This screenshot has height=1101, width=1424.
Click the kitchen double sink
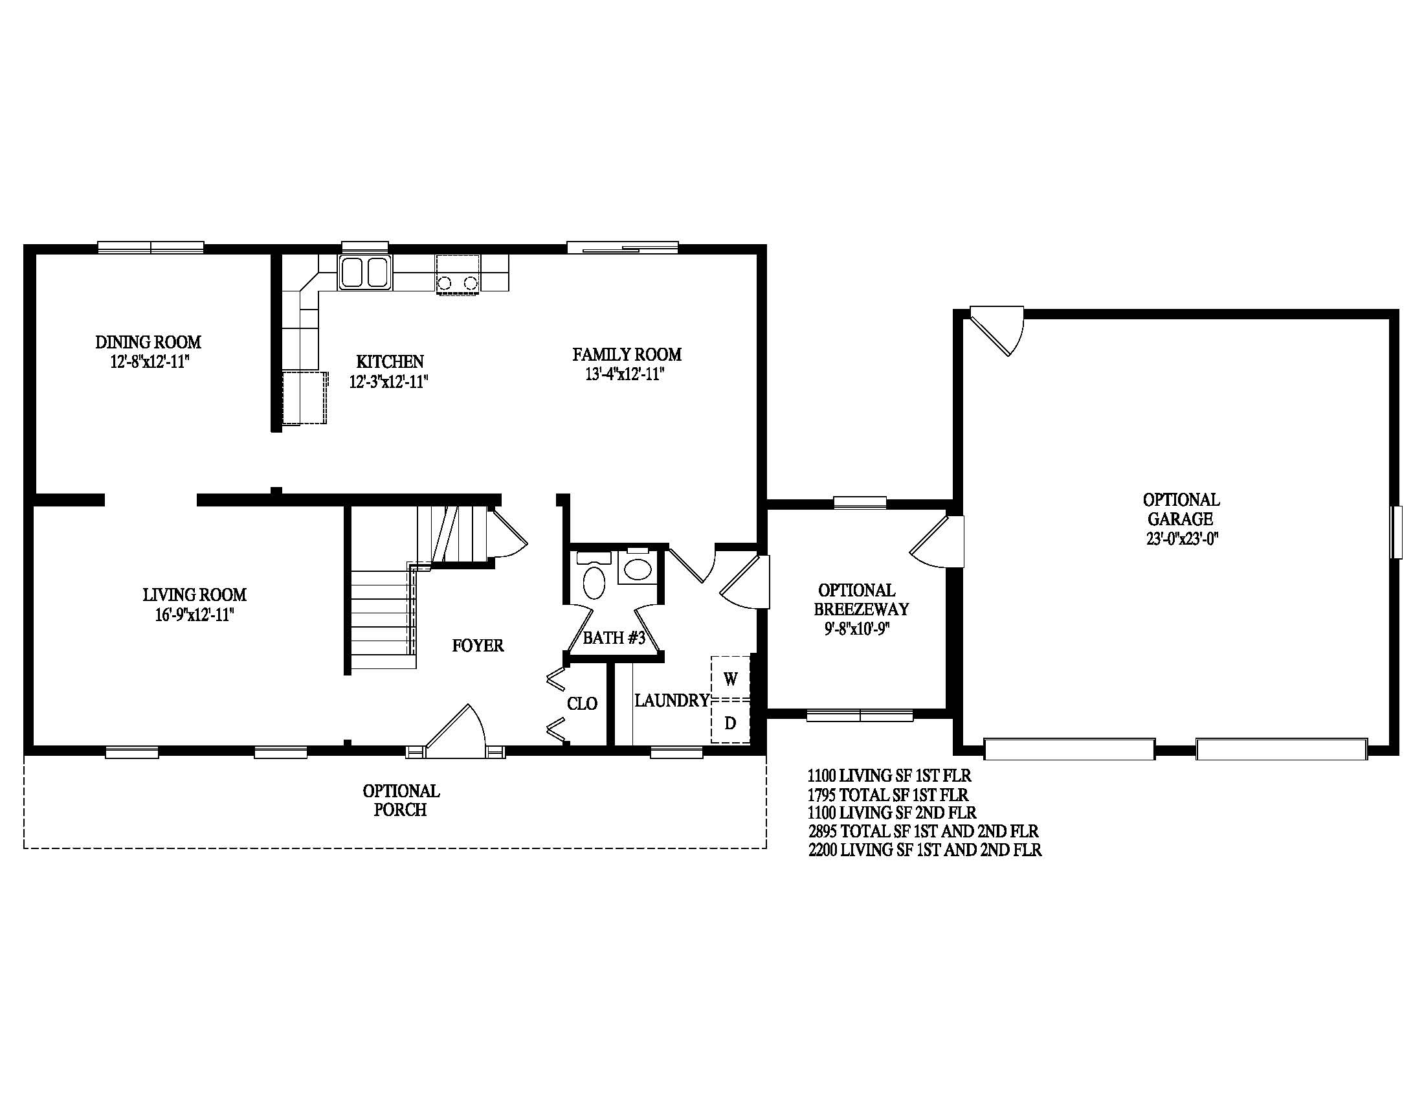pos(364,272)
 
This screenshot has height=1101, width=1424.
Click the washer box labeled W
pos(730,679)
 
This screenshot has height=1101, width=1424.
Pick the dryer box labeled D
pos(730,722)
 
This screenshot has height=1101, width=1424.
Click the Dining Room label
pos(149,342)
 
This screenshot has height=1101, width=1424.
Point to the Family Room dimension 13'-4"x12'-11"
pos(625,374)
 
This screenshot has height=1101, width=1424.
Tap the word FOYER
pos(478,646)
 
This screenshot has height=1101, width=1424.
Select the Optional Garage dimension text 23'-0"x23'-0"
pos(1182,539)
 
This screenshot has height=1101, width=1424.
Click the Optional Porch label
pos(401,800)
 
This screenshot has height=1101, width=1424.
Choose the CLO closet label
pos(583,703)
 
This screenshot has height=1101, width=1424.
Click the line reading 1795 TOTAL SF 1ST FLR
pos(888,795)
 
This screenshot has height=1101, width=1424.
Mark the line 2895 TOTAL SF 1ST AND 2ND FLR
pos(923,832)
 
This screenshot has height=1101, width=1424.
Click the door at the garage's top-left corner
pos(997,331)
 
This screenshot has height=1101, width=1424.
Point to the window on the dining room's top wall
pos(151,247)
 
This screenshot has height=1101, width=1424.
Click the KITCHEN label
pos(390,361)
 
